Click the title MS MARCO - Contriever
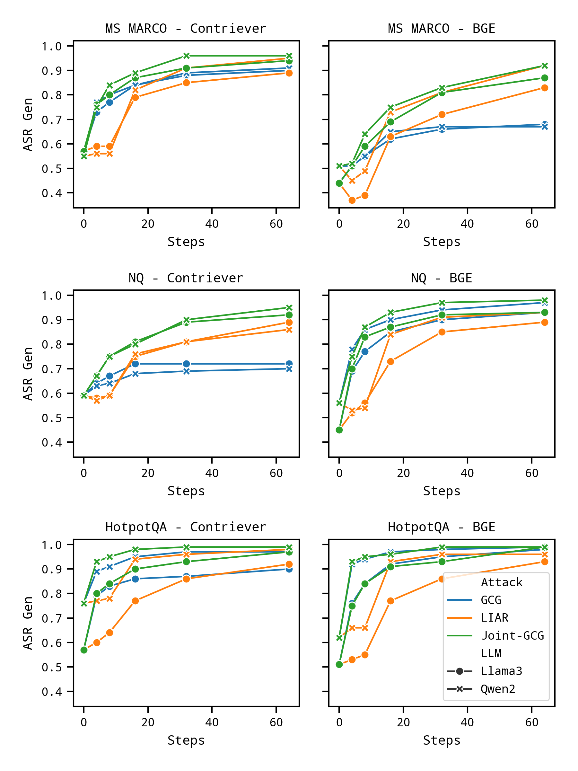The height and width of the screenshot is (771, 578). tap(186, 28)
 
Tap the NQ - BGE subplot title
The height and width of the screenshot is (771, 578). tap(442, 278)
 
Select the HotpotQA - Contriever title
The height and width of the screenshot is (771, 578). tap(186, 527)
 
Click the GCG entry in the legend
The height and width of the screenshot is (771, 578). tap(491, 600)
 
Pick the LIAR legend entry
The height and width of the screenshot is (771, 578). tap(495, 618)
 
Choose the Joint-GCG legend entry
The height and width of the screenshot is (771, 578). tap(512, 635)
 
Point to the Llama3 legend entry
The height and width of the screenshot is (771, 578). tap(501, 671)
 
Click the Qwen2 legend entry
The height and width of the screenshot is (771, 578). tap(498, 689)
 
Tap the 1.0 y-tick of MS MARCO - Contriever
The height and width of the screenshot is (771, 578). tap(52, 46)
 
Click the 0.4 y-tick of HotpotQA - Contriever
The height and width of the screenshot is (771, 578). tap(52, 692)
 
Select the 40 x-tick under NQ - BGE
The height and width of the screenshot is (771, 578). tap(467, 473)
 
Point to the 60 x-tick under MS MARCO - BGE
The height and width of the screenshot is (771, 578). tap(532, 224)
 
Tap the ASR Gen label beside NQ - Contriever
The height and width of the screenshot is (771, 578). tap(28, 374)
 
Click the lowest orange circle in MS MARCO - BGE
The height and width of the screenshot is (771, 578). tap(352, 200)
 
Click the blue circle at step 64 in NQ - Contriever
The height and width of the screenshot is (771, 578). tap(289, 364)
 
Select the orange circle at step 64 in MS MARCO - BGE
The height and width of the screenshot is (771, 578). tap(545, 88)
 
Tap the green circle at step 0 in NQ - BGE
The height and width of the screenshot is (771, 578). tap(339, 430)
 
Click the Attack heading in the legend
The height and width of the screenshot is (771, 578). tap(502, 582)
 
